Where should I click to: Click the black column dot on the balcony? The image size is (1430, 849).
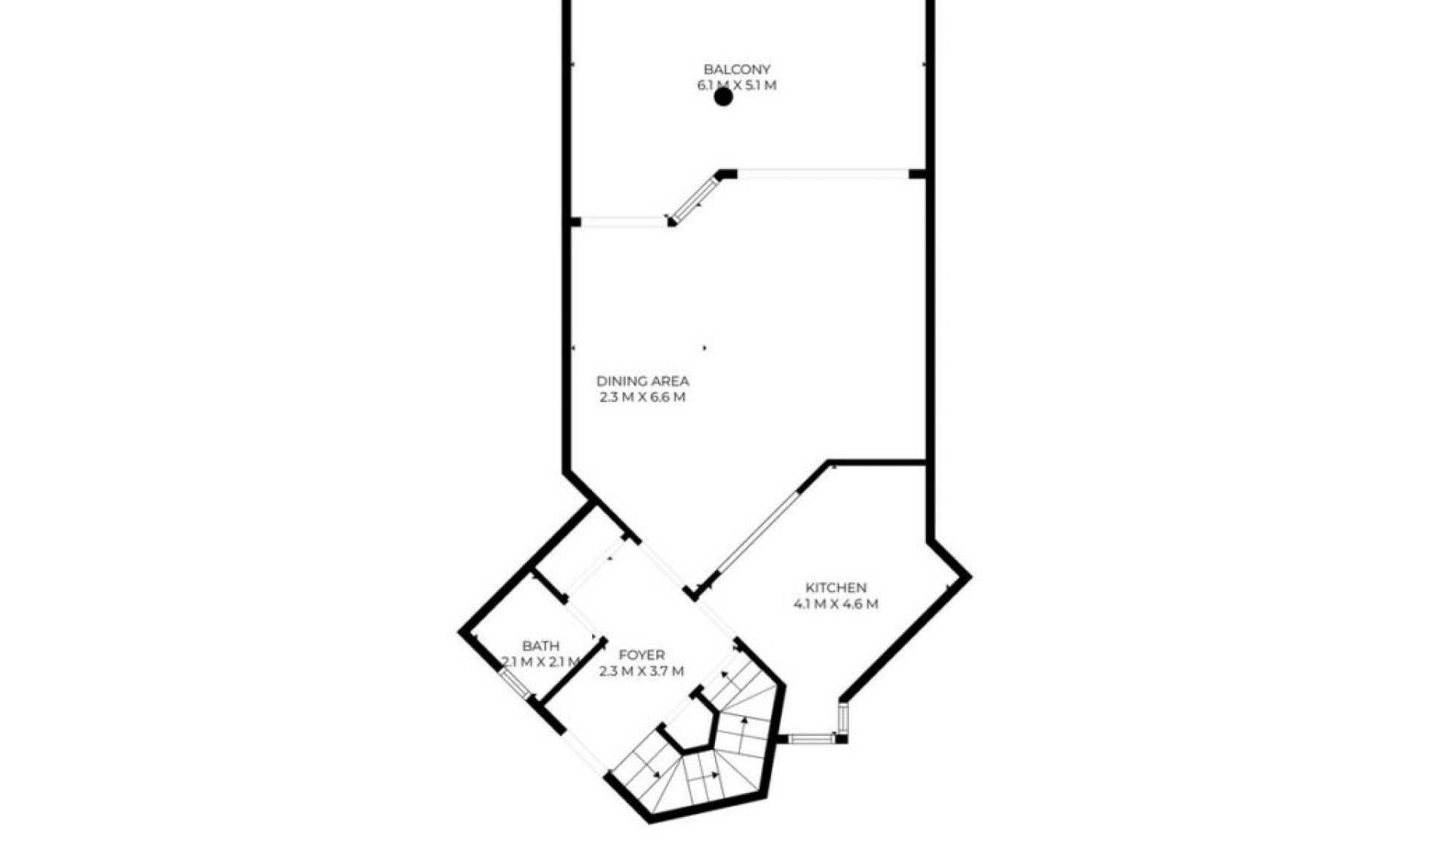(x=723, y=97)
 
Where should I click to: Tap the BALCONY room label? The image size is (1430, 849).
(x=737, y=69)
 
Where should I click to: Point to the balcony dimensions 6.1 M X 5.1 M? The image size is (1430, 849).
(x=737, y=85)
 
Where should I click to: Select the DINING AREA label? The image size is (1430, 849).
(x=642, y=381)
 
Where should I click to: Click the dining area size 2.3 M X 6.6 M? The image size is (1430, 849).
(x=642, y=397)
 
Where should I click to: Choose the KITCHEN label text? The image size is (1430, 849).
(x=836, y=588)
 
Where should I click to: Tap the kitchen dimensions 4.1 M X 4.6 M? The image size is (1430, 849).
(x=836, y=604)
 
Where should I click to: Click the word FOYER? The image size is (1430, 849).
(x=641, y=655)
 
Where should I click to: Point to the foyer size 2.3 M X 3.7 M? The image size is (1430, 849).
(x=641, y=671)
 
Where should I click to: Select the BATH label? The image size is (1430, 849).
(x=541, y=646)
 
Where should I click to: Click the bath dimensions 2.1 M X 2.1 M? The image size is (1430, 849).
(x=541, y=661)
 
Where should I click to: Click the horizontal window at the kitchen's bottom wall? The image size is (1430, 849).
(x=811, y=739)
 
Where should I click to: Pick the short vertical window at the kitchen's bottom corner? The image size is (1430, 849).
(x=842, y=717)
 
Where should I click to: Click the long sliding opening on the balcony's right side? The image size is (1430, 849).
(x=822, y=174)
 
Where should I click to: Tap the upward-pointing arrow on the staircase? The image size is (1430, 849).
(x=743, y=720)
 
